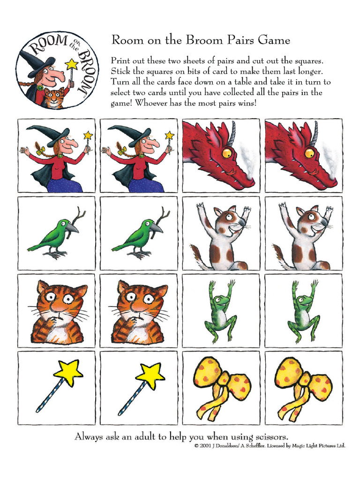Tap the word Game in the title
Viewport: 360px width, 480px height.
tap(274, 40)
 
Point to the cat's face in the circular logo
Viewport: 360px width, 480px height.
tap(53, 97)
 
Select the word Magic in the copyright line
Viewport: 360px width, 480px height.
tap(297, 446)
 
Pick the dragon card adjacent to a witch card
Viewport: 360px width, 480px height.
tap(221, 156)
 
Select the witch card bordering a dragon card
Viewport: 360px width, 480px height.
tap(139, 156)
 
